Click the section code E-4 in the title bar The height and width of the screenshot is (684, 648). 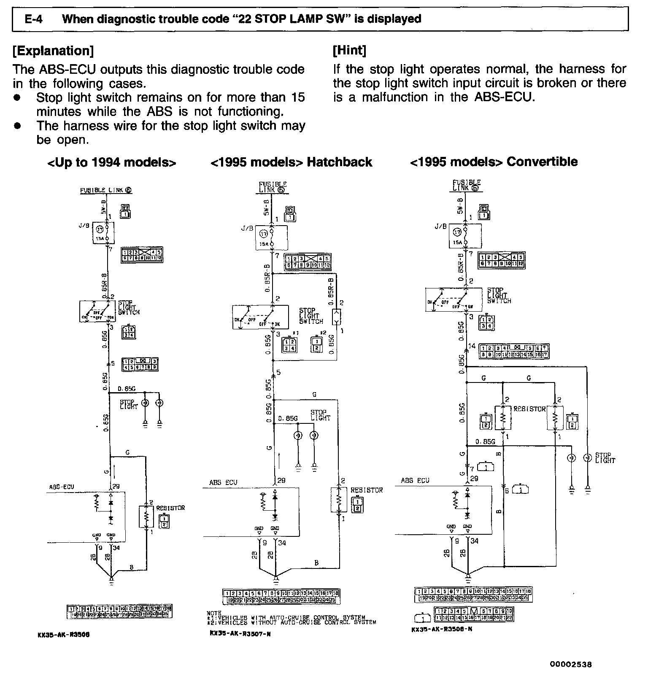[x=35, y=19]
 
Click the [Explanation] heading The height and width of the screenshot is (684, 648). [x=53, y=51]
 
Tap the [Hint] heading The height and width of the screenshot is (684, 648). [x=349, y=51]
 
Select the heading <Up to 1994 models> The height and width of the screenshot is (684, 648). [x=112, y=163]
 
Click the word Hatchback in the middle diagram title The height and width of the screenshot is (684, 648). [x=339, y=162]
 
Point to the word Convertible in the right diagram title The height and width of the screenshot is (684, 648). [x=542, y=162]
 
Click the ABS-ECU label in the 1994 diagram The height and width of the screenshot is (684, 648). [x=62, y=487]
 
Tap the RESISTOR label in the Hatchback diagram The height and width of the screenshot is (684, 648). [x=367, y=490]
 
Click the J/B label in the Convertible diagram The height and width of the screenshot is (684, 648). [x=440, y=226]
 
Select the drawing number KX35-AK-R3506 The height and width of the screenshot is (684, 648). [x=63, y=635]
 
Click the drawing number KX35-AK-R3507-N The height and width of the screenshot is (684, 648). [x=240, y=633]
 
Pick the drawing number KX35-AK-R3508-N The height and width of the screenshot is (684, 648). [x=442, y=630]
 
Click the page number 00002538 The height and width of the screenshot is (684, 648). [x=570, y=665]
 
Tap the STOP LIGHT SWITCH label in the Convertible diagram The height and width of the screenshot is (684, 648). [x=499, y=296]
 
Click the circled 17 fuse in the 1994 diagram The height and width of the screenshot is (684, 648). [x=100, y=230]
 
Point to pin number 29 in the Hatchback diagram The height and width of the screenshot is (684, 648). [x=282, y=480]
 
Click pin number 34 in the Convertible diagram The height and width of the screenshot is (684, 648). [x=475, y=541]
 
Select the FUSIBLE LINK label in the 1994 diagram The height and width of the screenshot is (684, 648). [x=106, y=190]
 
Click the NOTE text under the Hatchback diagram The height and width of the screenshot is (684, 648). [x=214, y=613]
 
